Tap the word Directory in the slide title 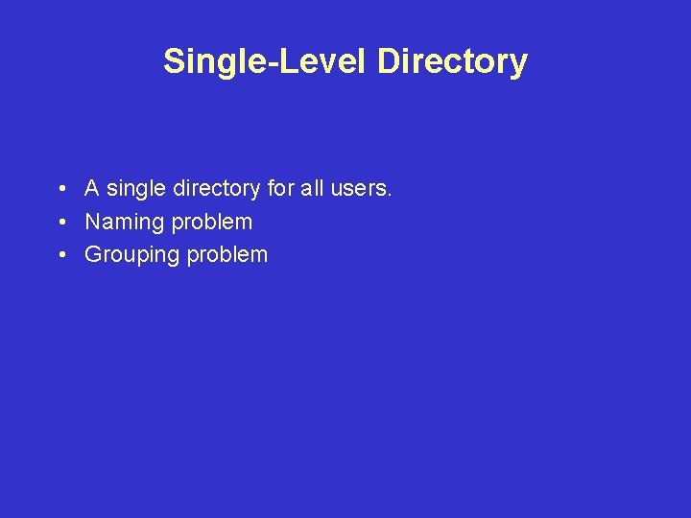[452, 61]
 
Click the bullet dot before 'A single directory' [60, 189]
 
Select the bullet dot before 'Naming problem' [60, 223]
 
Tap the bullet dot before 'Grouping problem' [60, 255]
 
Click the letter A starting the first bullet [93, 188]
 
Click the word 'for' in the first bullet [281, 188]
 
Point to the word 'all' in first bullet [312, 188]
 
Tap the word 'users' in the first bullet [359, 189]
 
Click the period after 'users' [390, 195]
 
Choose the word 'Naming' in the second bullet [125, 223]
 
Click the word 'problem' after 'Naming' [211, 223]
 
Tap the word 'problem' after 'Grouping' [227, 255]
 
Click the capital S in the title [174, 61]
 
